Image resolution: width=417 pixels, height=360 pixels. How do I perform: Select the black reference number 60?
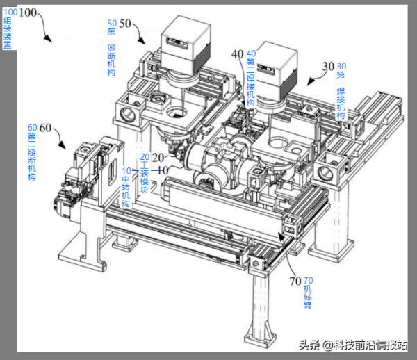46,128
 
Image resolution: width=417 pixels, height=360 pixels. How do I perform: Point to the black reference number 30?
329,67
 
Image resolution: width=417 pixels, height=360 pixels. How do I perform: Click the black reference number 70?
294,281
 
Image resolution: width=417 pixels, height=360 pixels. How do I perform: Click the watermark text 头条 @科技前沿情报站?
352,344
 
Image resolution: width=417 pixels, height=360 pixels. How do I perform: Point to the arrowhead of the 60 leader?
67,148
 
